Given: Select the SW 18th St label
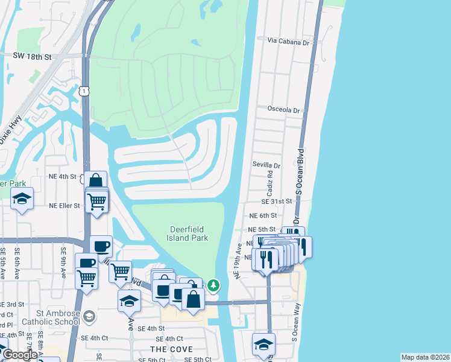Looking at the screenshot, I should click(33, 55).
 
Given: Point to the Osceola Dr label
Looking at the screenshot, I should click(283, 110).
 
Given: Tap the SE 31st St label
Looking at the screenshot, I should click(277, 202).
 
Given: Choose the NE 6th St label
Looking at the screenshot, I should click(263, 215).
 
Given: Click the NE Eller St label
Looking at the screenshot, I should click(65, 206).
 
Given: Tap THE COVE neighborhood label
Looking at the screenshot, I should click(171, 349).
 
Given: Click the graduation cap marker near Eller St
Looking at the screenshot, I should click(22, 199).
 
